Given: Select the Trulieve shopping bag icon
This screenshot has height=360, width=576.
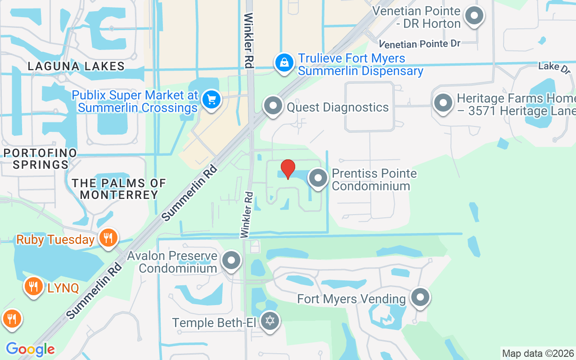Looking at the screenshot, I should coord(284,63).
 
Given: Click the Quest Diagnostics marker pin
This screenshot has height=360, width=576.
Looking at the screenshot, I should coord(273,106).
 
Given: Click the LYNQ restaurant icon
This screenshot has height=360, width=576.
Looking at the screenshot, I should coord(33,286).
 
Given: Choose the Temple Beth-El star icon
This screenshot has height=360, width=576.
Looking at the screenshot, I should coord(270,321).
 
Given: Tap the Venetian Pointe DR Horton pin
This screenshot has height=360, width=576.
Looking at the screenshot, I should coord(473,16).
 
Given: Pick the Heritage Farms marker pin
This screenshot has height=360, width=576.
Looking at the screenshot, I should coord(443,103).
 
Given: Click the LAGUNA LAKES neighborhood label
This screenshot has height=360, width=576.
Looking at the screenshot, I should coord(76,66).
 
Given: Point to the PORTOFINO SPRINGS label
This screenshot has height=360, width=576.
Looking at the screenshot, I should coord(40,158).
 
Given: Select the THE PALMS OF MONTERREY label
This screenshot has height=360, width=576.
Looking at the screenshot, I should coord(119,189).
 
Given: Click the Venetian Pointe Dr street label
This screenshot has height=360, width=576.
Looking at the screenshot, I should coord(419,44).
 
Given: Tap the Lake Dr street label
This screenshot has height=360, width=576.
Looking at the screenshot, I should coord(554,67).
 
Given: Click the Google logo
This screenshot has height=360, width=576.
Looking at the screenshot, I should coord(30,349).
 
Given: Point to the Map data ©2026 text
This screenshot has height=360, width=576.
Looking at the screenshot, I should coord(538,353).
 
